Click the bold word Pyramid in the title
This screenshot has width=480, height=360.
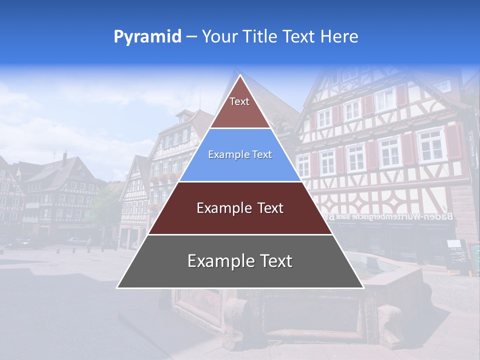pos(147,36)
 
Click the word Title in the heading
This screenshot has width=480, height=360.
pos(259,36)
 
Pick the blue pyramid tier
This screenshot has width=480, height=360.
pos(240,155)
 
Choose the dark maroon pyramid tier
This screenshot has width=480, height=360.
pos(240,208)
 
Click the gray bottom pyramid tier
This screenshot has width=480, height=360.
pos(240,261)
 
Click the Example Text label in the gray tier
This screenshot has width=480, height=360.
pos(240,261)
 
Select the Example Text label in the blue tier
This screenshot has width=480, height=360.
pos(240,155)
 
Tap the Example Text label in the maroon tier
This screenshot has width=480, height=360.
pos(240,208)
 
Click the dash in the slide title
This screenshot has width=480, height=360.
pos(191,36)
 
